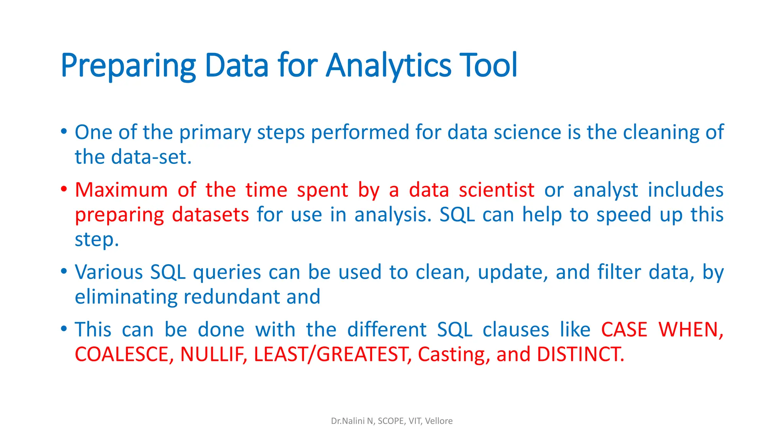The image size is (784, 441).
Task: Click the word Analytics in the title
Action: (389, 66)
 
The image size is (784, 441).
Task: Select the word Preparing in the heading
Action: (128, 66)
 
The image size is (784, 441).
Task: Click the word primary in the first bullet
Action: (215, 132)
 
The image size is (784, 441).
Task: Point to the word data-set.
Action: (151, 157)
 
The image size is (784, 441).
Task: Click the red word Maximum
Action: (121, 190)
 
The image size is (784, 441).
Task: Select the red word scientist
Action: (497, 190)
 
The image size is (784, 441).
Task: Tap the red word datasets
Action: (211, 215)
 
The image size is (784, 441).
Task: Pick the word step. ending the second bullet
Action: (97, 240)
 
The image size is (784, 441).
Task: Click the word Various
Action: (109, 273)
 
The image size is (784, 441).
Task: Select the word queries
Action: (227, 273)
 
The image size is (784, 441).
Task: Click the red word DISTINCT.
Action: (580, 354)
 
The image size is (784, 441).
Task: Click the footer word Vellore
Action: (439, 421)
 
